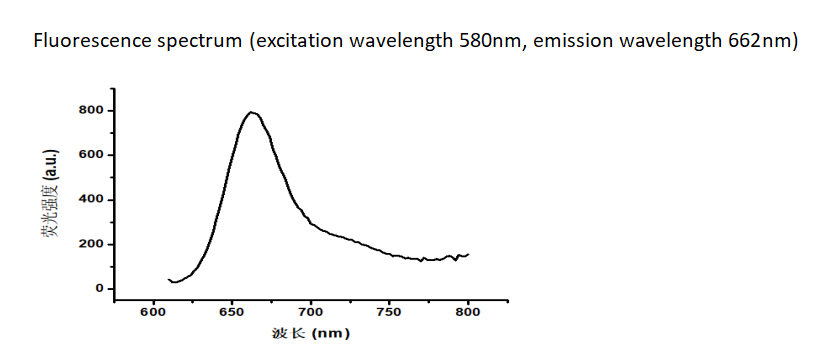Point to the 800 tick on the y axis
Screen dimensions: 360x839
pyautogui.click(x=91, y=110)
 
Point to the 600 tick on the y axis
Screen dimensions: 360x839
pyautogui.click(x=91, y=155)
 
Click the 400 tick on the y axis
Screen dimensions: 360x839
pyautogui.click(x=91, y=200)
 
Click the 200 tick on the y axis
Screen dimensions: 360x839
pyautogui.click(x=91, y=244)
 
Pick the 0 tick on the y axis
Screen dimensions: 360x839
pyautogui.click(x=99, y=289)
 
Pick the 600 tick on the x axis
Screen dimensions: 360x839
pyautogui.click(x=153, y=312)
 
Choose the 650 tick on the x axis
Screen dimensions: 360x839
pyautogui.click(x=232, y=312)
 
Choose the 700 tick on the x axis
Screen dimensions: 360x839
pyautogui.click(x=311, y=312)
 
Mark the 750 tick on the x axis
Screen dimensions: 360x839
pyautogui.click(x=389, y=312)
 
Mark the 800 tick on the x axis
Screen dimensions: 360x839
pyautogui.click(x=468, y=312)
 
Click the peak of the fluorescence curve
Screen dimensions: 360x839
pyautogui.click(x=252, y=112)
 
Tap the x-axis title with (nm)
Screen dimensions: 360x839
pyautogui.click(x=310, y=334)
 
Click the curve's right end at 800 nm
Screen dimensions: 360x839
pyautogui.click(x=468, y=254)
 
